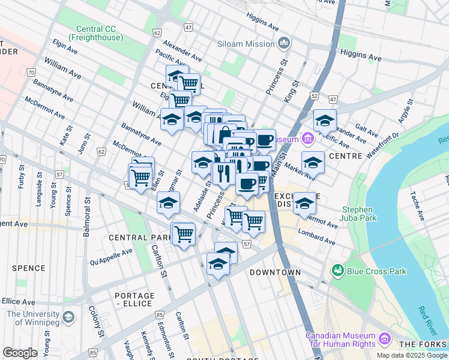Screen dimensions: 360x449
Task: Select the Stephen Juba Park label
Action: pos(359,214)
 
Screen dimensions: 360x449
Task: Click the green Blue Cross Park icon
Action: pos(337,271)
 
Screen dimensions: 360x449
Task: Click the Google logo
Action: pos(20,353)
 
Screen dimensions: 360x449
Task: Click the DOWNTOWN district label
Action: pos(275,272)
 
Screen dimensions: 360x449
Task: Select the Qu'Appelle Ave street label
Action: pos(110,257)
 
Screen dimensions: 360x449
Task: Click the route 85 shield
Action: pos(160,314)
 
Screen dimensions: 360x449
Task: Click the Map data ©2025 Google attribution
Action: pos(411,355)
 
